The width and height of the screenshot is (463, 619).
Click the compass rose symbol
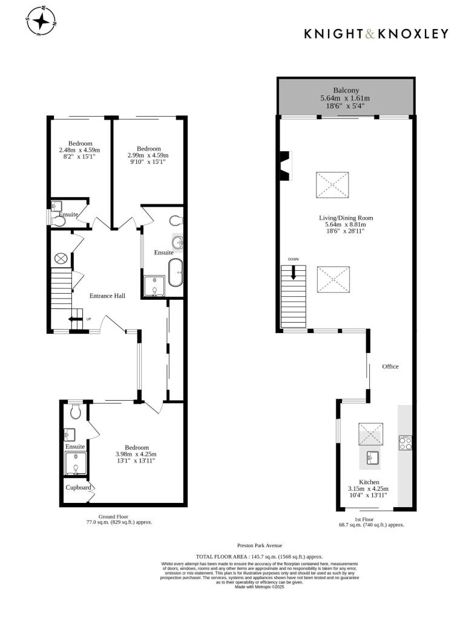[x=41, y=22]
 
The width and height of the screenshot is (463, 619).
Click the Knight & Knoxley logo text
[x=376, y=34]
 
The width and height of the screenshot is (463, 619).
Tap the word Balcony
[x=345, y=90]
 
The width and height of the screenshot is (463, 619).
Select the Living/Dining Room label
[x=346, y=218]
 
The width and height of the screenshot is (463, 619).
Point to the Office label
[x=390, y=366]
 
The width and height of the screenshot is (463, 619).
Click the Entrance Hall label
[x=107, y=296]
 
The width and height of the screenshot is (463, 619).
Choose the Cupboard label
[x=79, y=487]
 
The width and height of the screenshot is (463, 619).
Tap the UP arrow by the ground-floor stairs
[x=76, y=319]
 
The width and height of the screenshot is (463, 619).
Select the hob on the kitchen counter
[x=404, y=443]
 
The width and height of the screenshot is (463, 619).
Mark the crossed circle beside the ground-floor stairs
[x=61, y=258]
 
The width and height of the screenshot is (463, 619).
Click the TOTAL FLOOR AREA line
[x=260, y=556]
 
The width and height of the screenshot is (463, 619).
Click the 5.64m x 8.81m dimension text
[x=346, y=225]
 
